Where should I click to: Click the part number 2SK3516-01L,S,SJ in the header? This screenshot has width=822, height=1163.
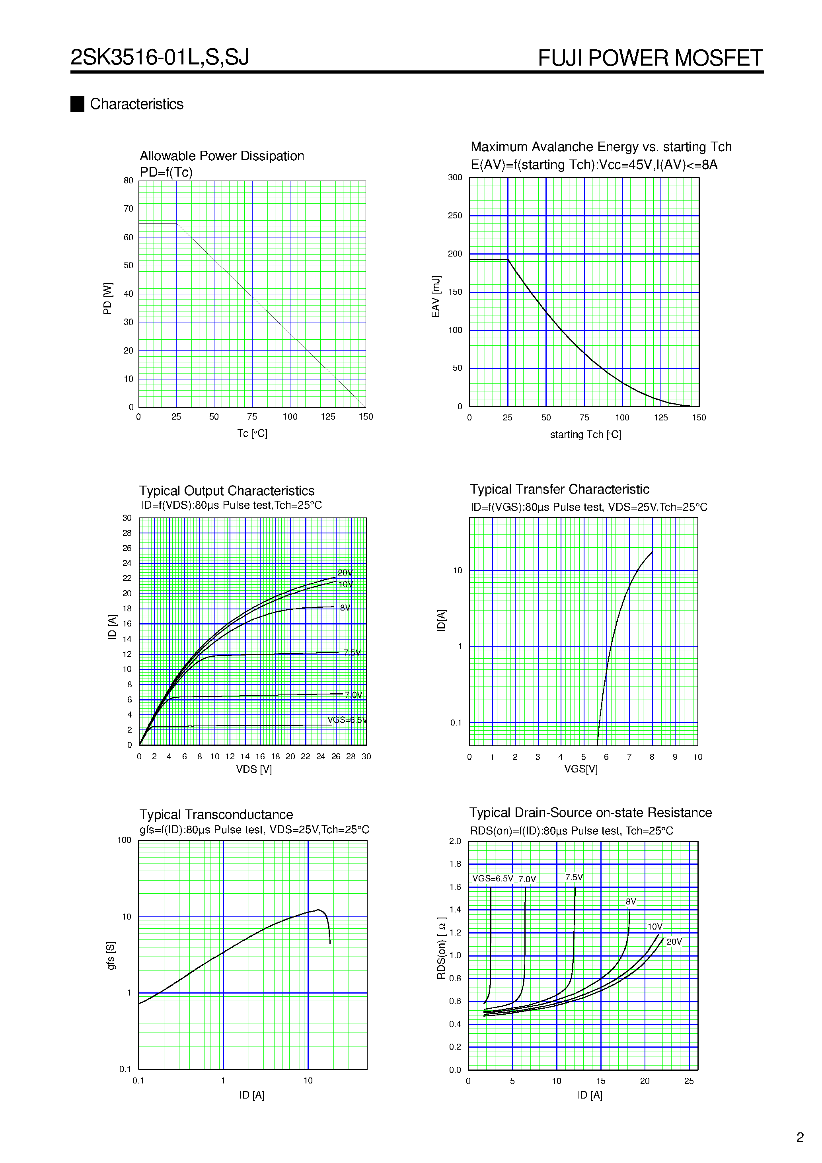[x=160, y=57]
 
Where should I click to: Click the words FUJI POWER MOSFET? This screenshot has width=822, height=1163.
[x=650, y=58]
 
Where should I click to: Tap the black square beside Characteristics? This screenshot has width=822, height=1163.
[x=77, y=104]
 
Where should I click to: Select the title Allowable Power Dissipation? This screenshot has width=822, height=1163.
[x=222, y=156]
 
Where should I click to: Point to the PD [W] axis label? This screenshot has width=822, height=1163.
[x=107, y=299]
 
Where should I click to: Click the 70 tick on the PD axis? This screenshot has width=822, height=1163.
[x=128, y=209]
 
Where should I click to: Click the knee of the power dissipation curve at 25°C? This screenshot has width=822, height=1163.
[x=176, y=224]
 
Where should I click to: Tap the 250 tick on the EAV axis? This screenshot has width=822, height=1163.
[x=455, y=216]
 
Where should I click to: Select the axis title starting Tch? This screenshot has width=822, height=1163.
[x=585, y=435]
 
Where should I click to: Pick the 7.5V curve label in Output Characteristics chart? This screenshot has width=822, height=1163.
[x=352, y=652]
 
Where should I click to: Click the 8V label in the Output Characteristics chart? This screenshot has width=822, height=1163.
[x=345, y=608]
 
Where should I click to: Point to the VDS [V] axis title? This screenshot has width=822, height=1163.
[x=253, y=769]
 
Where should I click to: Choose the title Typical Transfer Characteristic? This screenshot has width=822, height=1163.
[x=559, y=489]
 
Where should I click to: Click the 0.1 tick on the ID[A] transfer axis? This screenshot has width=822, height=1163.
[x=456, y=723]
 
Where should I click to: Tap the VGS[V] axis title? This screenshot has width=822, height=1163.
[x=581, y=769]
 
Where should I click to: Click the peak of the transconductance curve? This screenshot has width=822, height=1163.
[x=318, y=910]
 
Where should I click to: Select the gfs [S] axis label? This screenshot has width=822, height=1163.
[x=111, y=956]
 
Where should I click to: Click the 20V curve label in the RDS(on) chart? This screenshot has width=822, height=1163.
[x=674, y=941]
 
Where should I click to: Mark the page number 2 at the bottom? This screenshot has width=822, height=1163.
[x=800, y=1137]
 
